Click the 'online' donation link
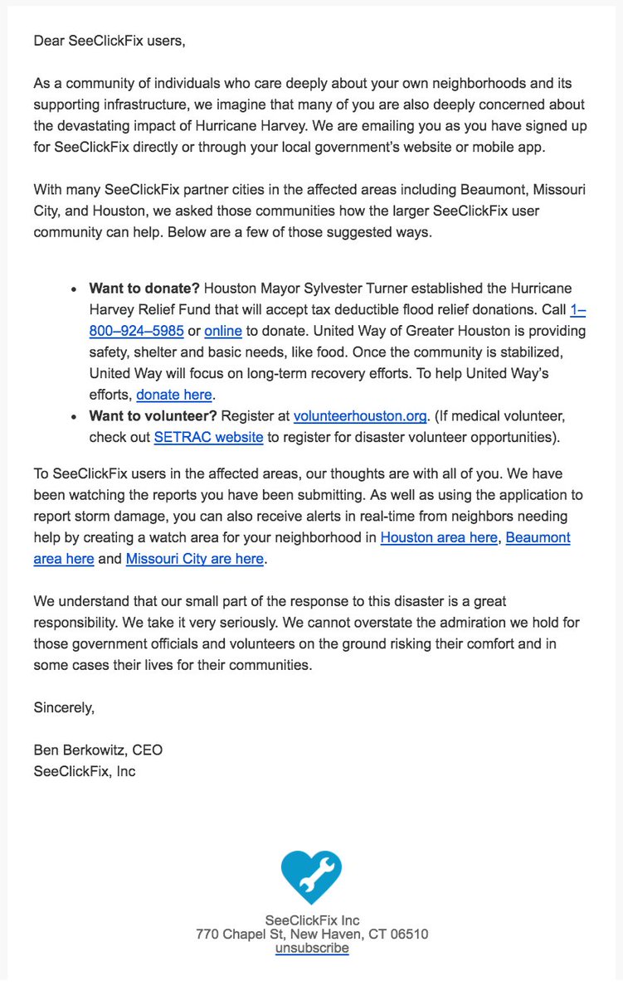(x=223, y=332)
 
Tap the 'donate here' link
(x=174, y=395)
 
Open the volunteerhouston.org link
(x=360, y=416)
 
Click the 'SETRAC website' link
(x=208, y=437)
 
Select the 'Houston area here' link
(x=439, y=537)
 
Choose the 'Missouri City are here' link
(x=195, y=559)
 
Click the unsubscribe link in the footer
(x=312, y=948)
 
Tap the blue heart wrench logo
(x=311, y=877)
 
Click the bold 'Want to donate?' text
(x=144, y=289)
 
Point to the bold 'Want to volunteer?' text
(x=153, y=416)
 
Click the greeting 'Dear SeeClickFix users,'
(x=109, y=41)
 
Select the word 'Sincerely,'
(x=65, y=707)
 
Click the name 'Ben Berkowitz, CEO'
(x=98, y=750)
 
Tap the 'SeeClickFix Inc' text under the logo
(x=312, y=920)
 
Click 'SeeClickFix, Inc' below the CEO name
(x=85, y=771)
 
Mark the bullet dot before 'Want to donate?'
(x=76, y=290)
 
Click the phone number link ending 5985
(x=136, y=332)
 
